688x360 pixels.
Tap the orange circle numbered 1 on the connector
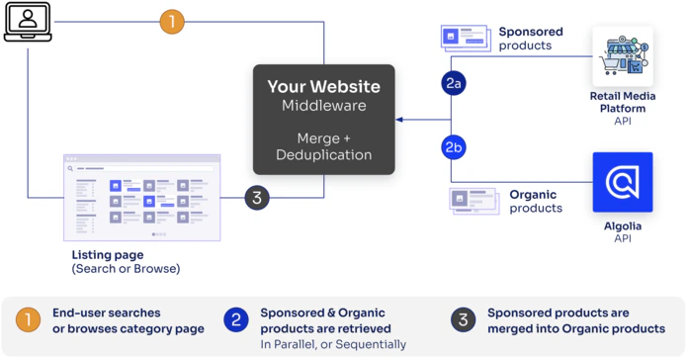[x=172, y=22]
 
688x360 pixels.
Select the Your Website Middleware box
[x=323, y=119]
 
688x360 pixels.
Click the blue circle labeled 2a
[x=454, y=84]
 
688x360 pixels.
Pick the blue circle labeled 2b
[x=454, y=148]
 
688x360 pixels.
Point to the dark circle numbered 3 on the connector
[x=257, y=197]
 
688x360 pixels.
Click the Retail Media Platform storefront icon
[x=622, y=57]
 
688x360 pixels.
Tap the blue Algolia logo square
[x=622, y=183]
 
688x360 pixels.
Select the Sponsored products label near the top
[x=533, y=39]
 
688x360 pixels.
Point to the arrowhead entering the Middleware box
[x=399, y=119]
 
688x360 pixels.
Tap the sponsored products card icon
[x=465, y=39]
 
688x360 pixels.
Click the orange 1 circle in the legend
[x=30, y=319]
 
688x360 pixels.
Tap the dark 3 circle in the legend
[x=462, y=319]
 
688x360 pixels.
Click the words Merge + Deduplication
[x=323, y=145]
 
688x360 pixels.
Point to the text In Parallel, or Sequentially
[x=333, y=344]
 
